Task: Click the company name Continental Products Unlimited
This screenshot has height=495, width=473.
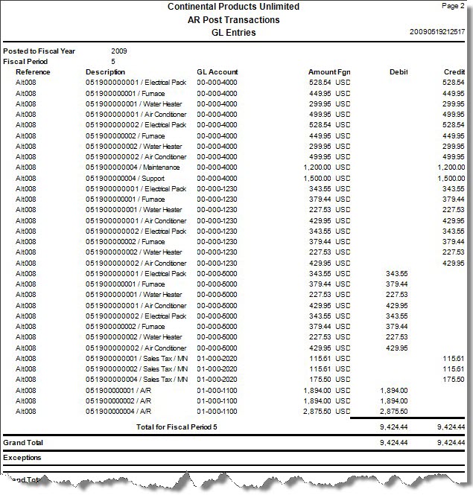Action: point(234,7)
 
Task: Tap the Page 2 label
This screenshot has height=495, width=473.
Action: point(453,6)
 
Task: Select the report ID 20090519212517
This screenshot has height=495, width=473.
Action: point(437,33)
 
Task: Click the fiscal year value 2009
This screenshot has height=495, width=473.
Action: point(118,51)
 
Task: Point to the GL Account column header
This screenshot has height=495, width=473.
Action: point(217,71)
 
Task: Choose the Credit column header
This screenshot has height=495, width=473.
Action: point(454,71)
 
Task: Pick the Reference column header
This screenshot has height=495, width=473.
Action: point(34,71)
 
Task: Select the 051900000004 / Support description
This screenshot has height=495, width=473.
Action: point(122,178)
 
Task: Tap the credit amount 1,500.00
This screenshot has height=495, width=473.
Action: point(451,178)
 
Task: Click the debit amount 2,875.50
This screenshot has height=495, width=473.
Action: point(394,411)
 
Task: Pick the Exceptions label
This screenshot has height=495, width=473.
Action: point(22,457)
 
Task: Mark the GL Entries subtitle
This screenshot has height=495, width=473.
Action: point(234,33)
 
